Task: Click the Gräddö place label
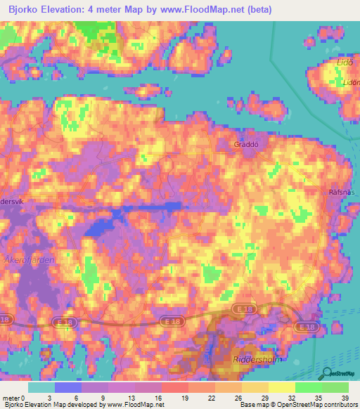coord(247,144)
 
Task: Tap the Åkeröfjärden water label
coord(27,259)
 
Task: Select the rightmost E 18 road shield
coord(306,327)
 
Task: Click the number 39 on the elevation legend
coord(345,397)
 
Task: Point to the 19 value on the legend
coord(185,397)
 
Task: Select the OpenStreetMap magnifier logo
coord(326,374)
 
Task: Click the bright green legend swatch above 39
coord(335,387)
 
